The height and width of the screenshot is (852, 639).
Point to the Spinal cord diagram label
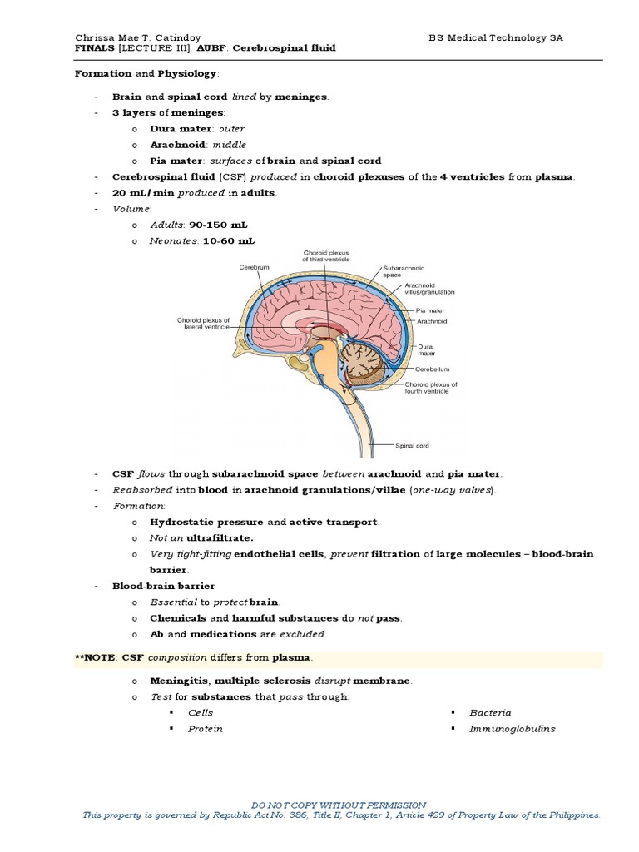(412, 446)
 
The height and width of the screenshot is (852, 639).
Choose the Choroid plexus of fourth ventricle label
(431, 388)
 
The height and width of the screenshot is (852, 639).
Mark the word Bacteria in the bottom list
(490, 713)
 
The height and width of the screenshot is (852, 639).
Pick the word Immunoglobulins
(512, 729)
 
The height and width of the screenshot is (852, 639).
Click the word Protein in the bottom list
(206, 729)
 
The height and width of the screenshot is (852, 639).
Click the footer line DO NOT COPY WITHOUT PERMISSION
(338, 805)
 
